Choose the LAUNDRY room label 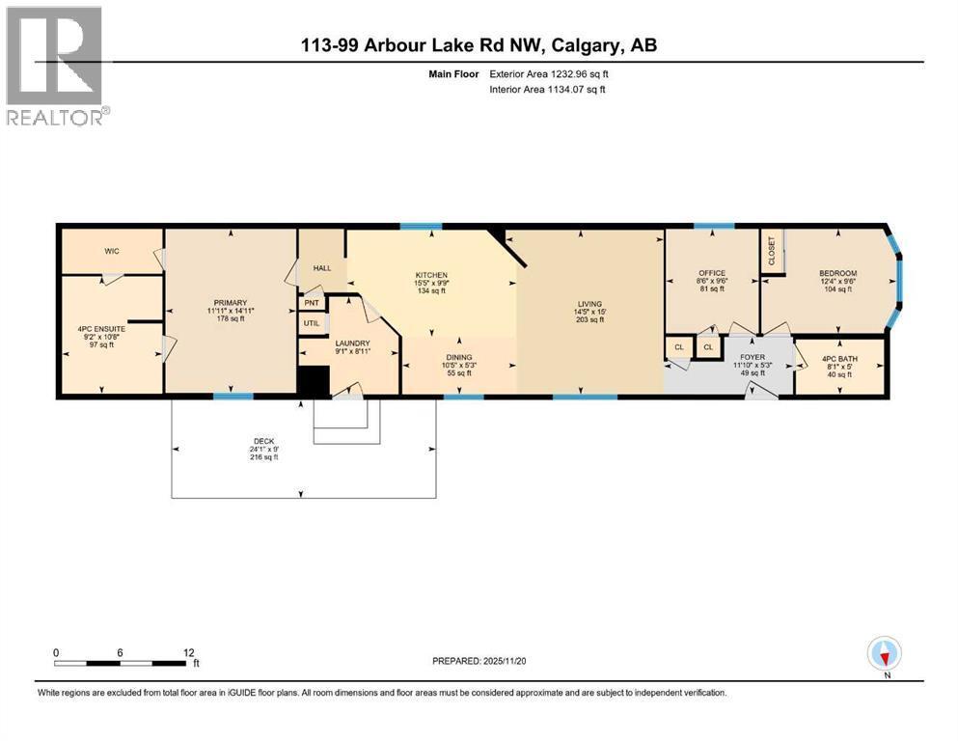pyautogui.click(x=352, y=343)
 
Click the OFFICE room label pyautogui.click(x=712, y=273)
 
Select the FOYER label pyautogui.click(x=752, y=357)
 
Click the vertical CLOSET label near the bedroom pyautogui.click(x=771, y=252)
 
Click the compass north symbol pyautogui.click(x=883, y=655)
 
